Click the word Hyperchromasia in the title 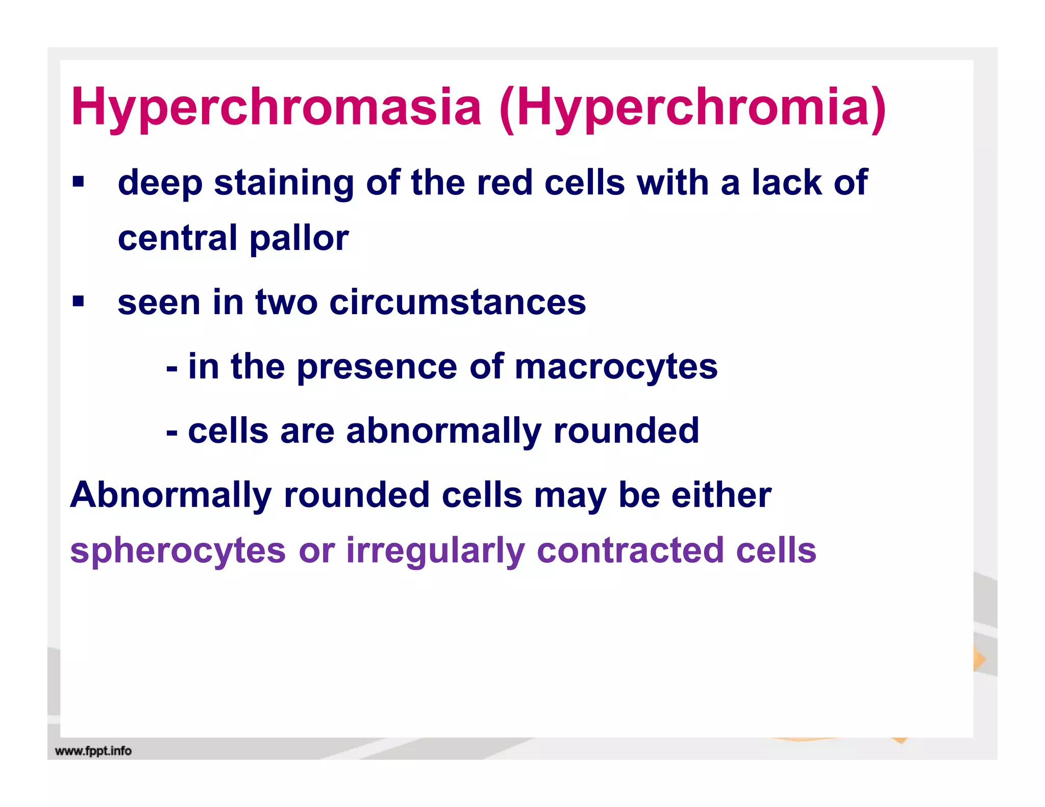(276, 108)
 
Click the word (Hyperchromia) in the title (692, 108)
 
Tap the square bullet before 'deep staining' (78, 182)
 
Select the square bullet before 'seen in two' (78, 301)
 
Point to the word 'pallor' (299, 239)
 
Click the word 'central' (178, 238)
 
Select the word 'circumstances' (458, 302)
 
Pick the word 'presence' (377, 367)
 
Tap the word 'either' (721, 495)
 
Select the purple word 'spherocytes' (178, 551)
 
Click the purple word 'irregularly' (435, 551)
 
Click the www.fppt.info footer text (93, 751)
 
